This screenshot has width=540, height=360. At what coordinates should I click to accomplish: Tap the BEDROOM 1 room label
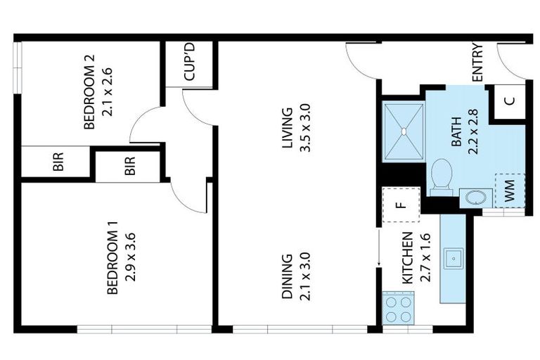(x=112, y=258)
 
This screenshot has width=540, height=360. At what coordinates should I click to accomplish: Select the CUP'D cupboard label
(x=189, y=64)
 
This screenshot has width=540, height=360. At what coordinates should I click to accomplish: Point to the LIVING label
(x=287, y=129)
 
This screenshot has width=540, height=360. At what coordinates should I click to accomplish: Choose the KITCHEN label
(x=407, y=257)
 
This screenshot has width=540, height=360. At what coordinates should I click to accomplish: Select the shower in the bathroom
(x=404, y=131)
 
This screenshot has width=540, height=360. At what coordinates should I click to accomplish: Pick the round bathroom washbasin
(x=475, y=197)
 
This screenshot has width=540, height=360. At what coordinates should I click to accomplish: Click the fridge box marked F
(x=400, y=205)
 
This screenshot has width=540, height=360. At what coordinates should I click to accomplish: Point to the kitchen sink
(x=454, y=259)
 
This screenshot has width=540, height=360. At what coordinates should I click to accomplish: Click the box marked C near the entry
(x=510, y=100)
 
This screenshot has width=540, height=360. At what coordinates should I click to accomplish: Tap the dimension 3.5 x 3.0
(x=304, y=129)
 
